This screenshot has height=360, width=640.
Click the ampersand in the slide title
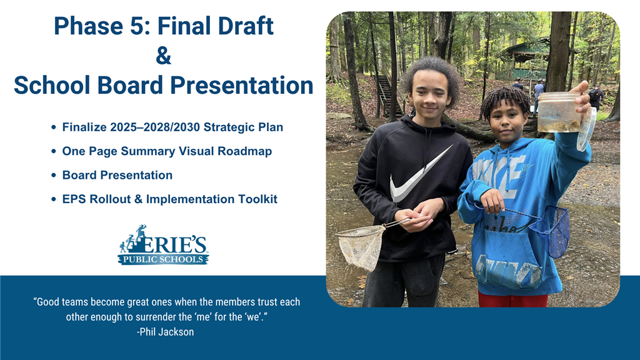point(163,55)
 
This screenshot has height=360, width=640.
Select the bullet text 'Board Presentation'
point(117,175)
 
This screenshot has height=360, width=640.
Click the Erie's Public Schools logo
point(163,245)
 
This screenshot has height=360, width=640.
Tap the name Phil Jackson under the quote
point(166,332)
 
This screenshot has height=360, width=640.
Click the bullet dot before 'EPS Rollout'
point(54,199)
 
